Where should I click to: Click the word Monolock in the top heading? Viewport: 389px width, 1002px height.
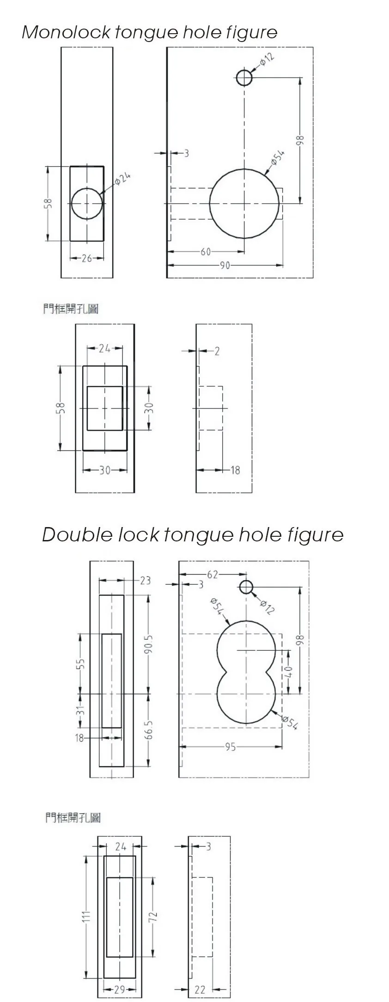point(67,32)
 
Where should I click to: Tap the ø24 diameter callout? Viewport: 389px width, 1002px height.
point(122,179)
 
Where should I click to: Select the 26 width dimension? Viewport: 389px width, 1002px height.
point(87,258)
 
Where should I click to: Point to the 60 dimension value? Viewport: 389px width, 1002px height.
point(206,252)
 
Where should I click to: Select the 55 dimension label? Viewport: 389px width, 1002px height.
point(81,663)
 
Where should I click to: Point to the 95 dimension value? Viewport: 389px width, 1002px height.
point(231,747)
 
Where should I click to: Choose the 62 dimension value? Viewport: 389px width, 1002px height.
point(213,575)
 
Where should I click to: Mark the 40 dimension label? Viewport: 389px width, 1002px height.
point(290,672)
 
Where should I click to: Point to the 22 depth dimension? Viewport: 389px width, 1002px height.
point(200,990)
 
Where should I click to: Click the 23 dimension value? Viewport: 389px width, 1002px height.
point(145,580)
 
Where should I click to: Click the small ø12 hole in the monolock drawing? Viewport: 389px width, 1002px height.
point(244,78)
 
